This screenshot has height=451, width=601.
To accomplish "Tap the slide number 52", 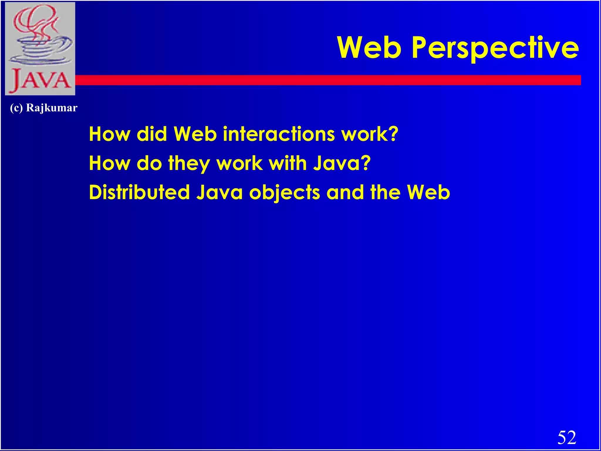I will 567,437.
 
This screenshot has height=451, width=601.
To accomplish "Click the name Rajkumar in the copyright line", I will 52,108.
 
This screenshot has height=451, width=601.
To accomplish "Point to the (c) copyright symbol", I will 16,108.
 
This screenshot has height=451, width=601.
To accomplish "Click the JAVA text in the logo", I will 40,80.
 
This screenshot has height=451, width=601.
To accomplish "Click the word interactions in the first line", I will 279,134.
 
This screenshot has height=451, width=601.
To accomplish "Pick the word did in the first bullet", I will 152,134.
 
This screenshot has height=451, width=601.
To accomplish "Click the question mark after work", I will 393,134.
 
